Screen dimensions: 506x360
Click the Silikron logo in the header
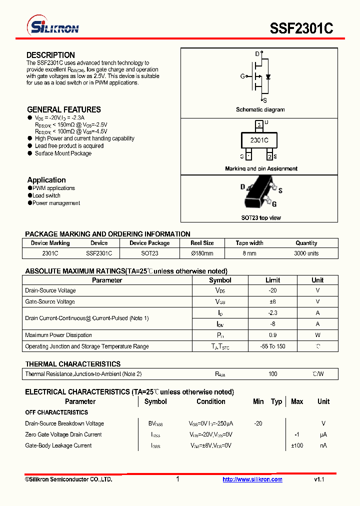[52, 27]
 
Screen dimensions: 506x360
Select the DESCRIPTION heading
[50, 55]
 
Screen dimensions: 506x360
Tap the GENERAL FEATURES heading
[63, 109]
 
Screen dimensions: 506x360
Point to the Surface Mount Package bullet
[63, 153]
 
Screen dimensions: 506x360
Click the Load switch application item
[46, 195]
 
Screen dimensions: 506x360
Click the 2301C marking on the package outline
[259, 140]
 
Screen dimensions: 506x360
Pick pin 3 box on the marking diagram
[258, 125]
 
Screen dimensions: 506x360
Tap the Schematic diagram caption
[260, 109]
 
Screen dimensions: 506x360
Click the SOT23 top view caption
[261, 218]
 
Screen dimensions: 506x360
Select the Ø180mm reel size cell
[202, 253]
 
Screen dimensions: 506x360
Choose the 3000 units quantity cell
[306, 253]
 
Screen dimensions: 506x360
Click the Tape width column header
[249, 243]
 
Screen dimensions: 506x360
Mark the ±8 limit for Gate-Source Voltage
[272, 301]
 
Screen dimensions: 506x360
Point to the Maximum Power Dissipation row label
[58, 335]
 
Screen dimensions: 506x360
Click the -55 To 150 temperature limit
[272, 346]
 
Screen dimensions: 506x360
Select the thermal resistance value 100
[272, 374]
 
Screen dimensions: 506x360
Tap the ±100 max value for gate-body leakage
[297, 445]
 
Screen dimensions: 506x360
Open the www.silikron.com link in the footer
[252, 479]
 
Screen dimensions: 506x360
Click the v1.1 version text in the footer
[319, 479]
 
